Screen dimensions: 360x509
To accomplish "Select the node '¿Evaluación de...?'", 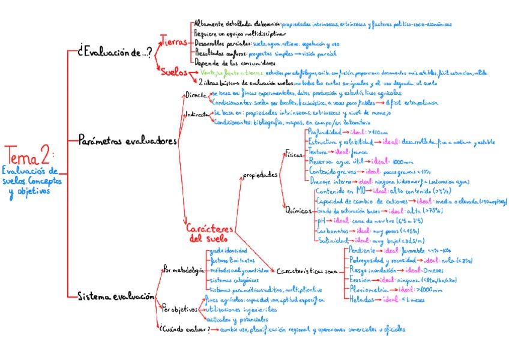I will coord(115,53).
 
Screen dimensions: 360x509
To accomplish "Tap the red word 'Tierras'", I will coord(175,43).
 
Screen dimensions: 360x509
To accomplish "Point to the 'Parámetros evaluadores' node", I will coord(128,142).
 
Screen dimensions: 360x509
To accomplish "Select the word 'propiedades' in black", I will coord(260,175).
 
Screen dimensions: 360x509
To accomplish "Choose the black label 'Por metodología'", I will coord(182,271).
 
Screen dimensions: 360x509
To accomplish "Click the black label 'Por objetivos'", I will coord(180,309).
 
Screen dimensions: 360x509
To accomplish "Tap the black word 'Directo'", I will coord(195,95).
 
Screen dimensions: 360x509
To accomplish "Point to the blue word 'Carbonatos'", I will coord(334,230).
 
